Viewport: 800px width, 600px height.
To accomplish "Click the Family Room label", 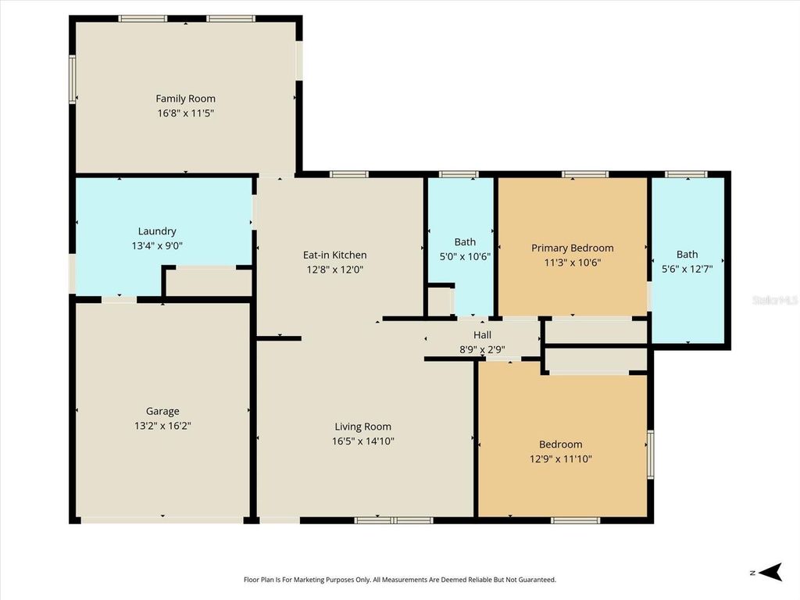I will pos(185,98).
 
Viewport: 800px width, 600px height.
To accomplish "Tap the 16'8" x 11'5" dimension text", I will pos(185,113).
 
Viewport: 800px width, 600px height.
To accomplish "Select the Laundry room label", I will pos(157,231).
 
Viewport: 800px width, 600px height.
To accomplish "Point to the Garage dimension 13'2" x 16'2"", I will pos(162,426).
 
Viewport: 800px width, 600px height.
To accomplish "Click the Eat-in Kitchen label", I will pos(334,255).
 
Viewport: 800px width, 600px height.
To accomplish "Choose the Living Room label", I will pos(362,427).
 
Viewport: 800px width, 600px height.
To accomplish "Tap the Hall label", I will pos(482,335).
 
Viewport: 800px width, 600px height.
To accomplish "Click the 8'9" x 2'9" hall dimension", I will pos(482,349).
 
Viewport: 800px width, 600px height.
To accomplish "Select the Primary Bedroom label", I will pos(572,248).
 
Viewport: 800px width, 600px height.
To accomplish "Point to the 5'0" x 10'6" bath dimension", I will pos(465,256).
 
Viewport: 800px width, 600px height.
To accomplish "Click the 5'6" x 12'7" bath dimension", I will pos(687,269).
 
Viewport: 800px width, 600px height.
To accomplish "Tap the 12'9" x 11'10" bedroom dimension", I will pos(560,459).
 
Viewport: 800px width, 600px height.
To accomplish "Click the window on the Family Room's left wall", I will pos(73,78).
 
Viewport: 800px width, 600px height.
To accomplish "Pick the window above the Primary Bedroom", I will pos(584,174).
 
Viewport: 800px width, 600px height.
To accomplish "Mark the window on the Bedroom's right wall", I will pos(650,454).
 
